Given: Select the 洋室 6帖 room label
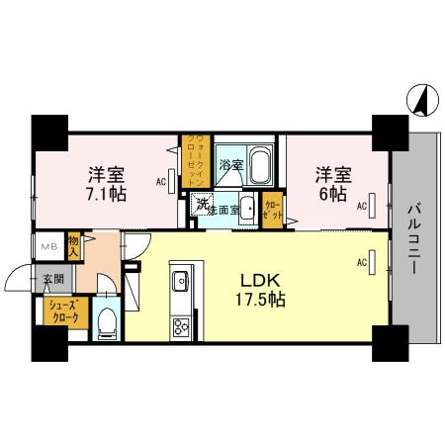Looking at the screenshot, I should [x=332, y=184].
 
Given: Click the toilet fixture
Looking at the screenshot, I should [x=109, y=320].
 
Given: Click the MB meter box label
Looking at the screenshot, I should [x=46, y=247].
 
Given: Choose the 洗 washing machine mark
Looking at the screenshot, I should [x=202, y=206].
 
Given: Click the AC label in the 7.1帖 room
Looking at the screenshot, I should [x=160, y=182].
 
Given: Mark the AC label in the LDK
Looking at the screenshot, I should [x=361, y=261].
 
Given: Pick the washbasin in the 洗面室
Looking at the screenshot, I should [x=246, y=209].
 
